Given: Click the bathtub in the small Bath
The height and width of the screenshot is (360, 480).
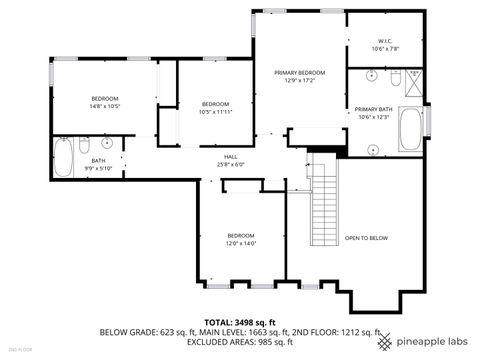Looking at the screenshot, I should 62,156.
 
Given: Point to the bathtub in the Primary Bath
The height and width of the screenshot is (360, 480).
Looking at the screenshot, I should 411,127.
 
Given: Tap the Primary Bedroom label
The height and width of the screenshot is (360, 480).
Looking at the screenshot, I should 300,73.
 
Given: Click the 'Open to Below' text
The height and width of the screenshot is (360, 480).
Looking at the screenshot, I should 366,238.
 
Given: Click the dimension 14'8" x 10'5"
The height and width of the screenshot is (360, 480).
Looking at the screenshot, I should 105,105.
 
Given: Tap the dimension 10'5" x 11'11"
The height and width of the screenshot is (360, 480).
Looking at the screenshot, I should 215,112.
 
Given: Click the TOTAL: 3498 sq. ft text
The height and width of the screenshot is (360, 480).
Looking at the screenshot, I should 240,322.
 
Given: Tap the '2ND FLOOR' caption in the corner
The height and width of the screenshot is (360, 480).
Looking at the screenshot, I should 21,350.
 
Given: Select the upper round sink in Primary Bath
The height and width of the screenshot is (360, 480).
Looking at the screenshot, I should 371,76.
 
